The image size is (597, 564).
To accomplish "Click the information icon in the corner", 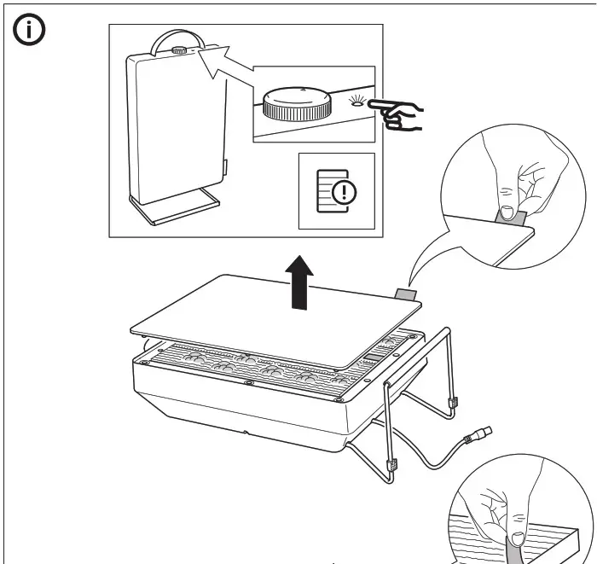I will point(32,32).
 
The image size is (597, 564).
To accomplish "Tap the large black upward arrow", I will point(298,284).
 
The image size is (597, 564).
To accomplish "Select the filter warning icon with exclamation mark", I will point(336,191).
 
